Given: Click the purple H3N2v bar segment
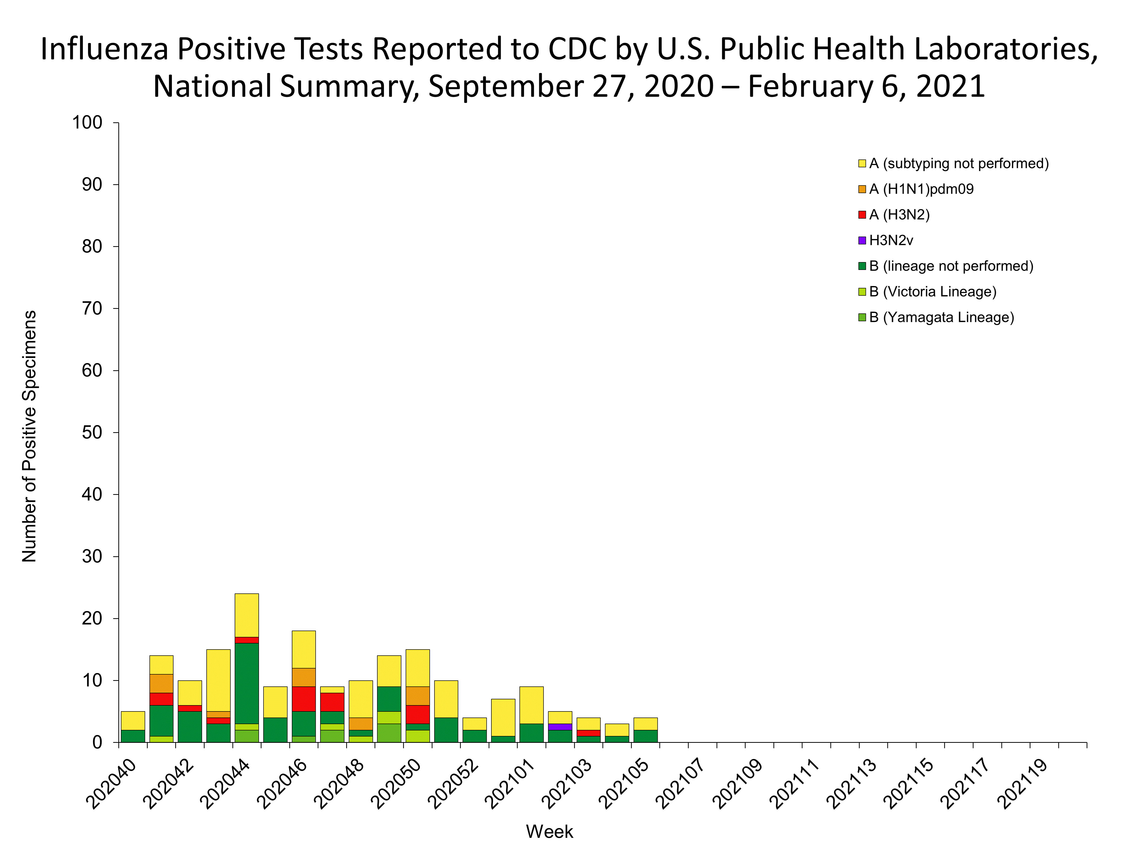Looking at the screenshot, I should pyautogui.click(x=560, y=727).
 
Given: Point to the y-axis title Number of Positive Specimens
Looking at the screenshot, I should pyautogui.click(x=29, y=436).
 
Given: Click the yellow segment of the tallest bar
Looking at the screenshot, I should pyautogui.click(x=246, y=615).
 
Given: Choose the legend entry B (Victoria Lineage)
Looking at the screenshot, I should pyautogui.click(x=932, y=291).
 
